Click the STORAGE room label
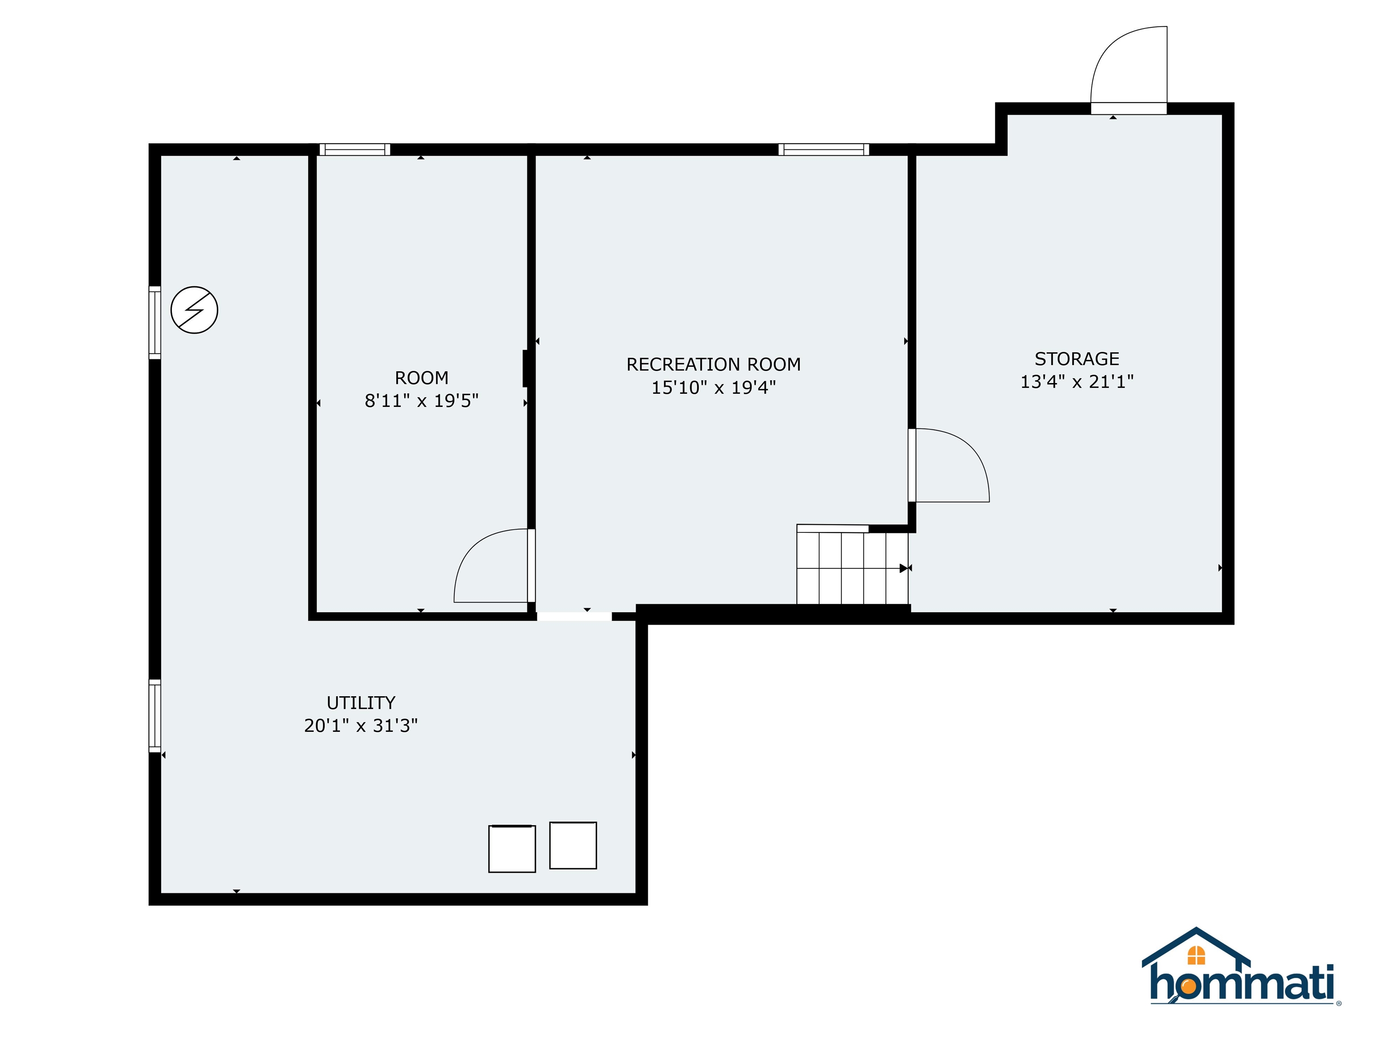click(1076, 359)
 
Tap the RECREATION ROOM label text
click(714, 365)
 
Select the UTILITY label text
click(361, 703)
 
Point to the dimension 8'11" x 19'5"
click(421, 401)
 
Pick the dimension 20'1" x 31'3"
click(361, 726)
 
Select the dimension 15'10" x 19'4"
click(714, 388)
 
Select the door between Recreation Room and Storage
click(949, 466)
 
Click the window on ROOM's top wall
click(354, 149)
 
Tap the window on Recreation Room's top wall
click(823, 149)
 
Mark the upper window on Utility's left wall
click(154, 323)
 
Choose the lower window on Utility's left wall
click(154, 716)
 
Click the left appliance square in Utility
click(512, 848)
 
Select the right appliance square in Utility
click(573, 845)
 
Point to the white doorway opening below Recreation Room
click(574, 616)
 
